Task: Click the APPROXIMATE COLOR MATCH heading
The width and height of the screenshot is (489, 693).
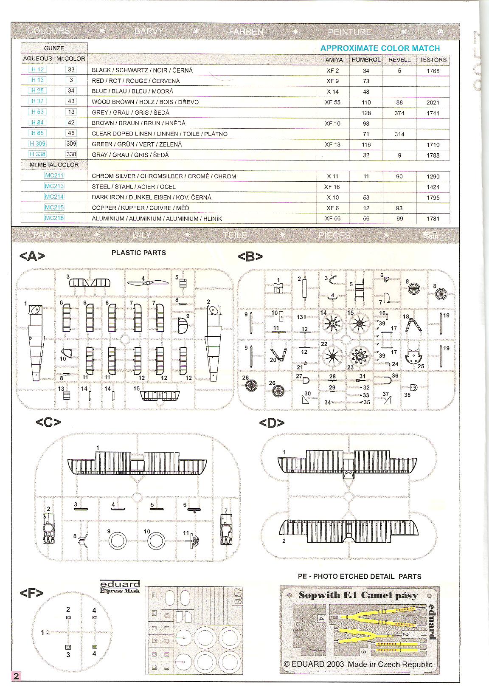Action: point(380,48)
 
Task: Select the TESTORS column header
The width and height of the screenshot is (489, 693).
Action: point(433,60)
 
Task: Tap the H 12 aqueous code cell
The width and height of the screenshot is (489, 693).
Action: point(37,69)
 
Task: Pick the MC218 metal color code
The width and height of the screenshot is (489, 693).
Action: point(54,218)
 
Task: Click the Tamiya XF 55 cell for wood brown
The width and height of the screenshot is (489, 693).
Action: point(332,102)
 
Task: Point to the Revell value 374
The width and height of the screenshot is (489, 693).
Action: point(399,113)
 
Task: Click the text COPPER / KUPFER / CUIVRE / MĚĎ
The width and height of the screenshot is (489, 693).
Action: point(140,208)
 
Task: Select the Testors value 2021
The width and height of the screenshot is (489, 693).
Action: point(433,102)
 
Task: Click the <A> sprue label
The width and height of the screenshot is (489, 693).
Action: point(32,256)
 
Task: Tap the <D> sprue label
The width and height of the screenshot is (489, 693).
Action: point(272,423)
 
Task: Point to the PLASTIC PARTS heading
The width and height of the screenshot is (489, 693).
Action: point(138,253)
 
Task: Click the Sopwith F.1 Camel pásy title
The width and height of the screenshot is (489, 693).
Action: point(358,595)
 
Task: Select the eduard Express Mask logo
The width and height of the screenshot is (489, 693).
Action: point(120,587)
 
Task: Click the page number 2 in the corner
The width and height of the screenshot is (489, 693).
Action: point(16,676)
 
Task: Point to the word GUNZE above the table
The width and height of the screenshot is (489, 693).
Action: point(54,48)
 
